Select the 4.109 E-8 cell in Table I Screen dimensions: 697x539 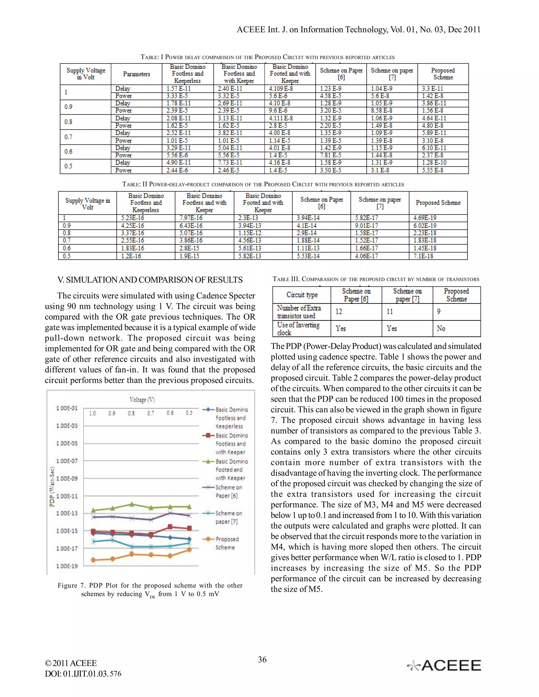pos(281,88)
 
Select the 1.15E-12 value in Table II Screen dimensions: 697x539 pos(250,233)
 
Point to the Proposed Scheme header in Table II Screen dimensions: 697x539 pos(438,203)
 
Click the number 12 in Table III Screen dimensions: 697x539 pos(339,311)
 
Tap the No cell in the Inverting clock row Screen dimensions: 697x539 pos(441,329)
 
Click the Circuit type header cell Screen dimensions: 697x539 pos(302,295)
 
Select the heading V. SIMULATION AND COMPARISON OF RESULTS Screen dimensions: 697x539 pos(150,280)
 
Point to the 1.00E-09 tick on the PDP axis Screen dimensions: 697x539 pos(67,478)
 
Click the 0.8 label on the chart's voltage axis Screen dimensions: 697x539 pos(131,413)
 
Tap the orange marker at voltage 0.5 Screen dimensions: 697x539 pos(189,549)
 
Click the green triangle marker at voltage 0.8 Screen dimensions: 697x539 pos(132,504)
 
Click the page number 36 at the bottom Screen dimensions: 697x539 pos(262,660)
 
